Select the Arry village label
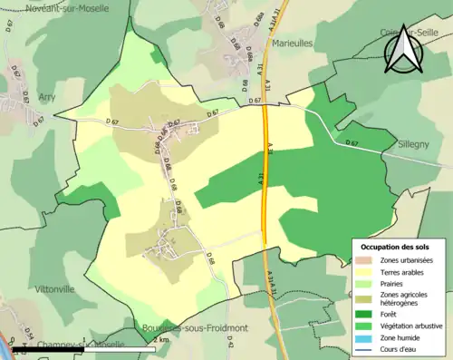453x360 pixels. coord(46,96)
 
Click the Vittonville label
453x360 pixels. coord(54,289)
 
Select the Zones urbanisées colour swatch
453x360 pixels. coord(364,260)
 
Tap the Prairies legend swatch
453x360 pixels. coord(364,283)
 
